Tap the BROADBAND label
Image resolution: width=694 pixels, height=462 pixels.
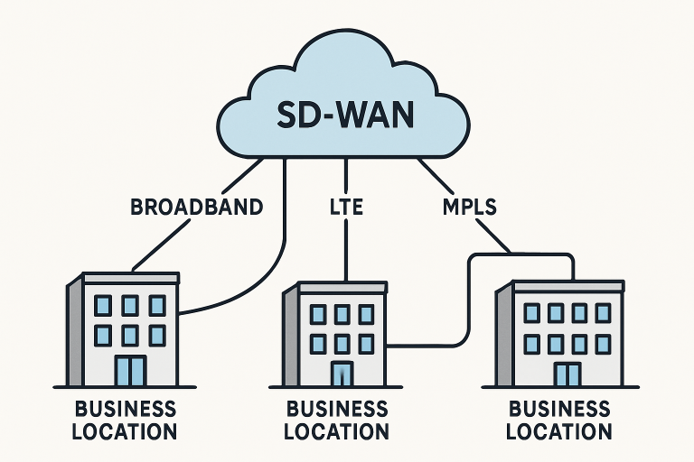click(196, 207)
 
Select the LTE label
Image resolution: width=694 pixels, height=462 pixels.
click(346, 207)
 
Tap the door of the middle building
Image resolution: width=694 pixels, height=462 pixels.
click(342, 374)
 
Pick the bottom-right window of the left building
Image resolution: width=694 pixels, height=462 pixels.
click(157, 336)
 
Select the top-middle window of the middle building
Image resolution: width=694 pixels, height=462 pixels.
click(342, 314)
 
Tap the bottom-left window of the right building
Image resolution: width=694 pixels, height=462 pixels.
click(532, 344)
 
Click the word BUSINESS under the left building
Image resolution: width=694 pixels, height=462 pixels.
click(127, 407)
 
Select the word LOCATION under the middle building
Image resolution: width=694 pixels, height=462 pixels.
click(337, 431)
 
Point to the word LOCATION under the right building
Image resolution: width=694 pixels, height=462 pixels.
click(559, 431)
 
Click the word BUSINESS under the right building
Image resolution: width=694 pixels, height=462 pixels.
click(559, 409)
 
